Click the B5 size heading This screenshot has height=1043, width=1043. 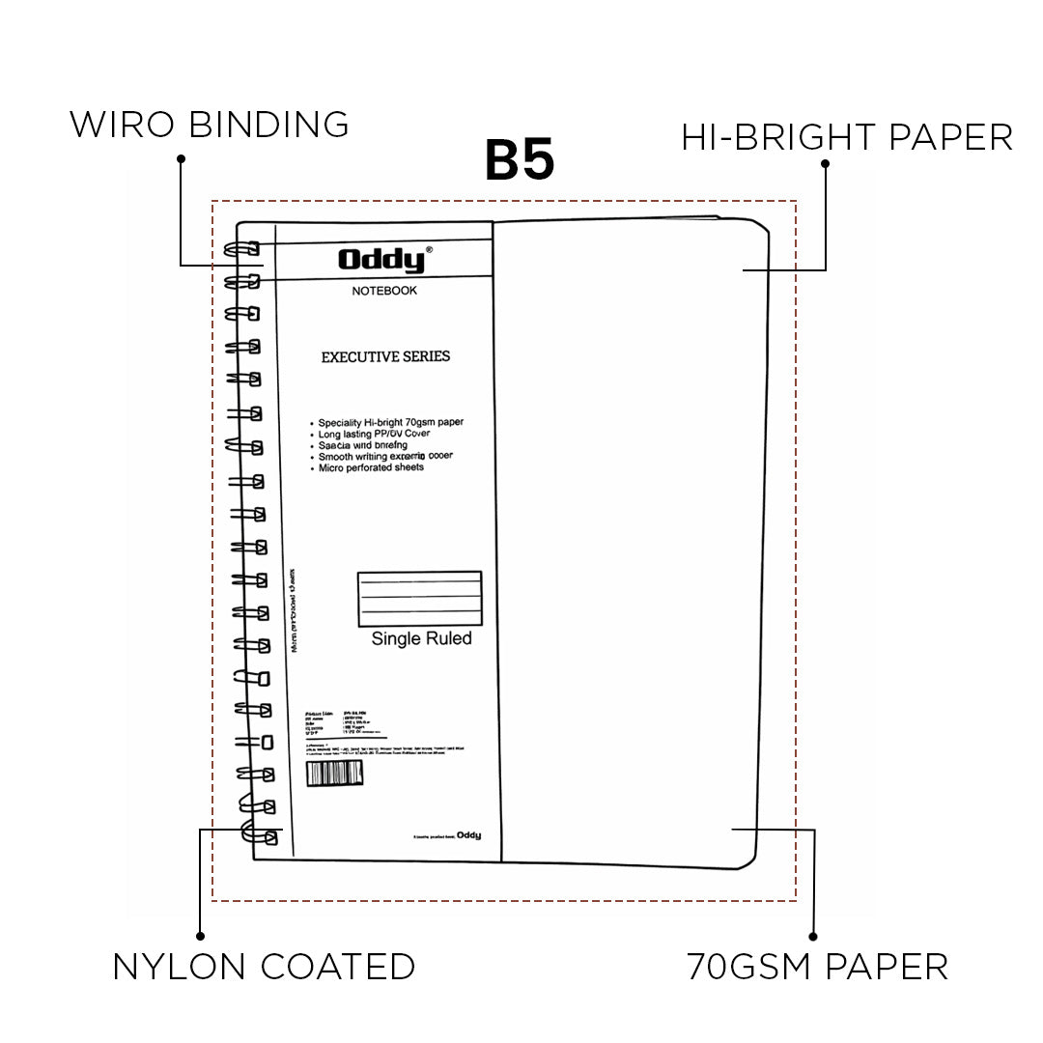(x=520, y=161)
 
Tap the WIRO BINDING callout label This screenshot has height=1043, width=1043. (x=209, y=125)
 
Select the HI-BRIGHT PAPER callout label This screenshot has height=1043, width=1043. (x=847, y=137)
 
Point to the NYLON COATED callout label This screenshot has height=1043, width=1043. (x=264, y=967)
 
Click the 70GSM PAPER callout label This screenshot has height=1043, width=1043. (x=817, y=967)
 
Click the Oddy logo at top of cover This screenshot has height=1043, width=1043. (x=381, y=260)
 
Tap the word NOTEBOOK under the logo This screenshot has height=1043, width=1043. (x=384, y=291)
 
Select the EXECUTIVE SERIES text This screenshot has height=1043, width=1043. (x=385, y=356)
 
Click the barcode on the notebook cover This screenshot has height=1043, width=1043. (x=334, y=775)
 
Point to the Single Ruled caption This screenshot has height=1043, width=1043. (x=421, y=638)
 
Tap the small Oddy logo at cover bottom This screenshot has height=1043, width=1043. (x=468, y=834)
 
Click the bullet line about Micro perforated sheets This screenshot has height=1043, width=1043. (x=371, y=467)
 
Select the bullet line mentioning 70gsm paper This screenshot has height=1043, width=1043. (x=390, y=423)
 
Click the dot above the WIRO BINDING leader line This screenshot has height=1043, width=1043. (x=180, y=156)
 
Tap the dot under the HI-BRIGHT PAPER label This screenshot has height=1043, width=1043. (x=825, y=164)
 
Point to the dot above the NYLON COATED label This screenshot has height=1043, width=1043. (x=200, y=935)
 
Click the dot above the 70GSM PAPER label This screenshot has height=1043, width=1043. (x=813, y=936)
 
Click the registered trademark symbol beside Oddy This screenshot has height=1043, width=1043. (x=430, y=249)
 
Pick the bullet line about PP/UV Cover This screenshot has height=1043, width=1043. (x=374, y=435)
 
